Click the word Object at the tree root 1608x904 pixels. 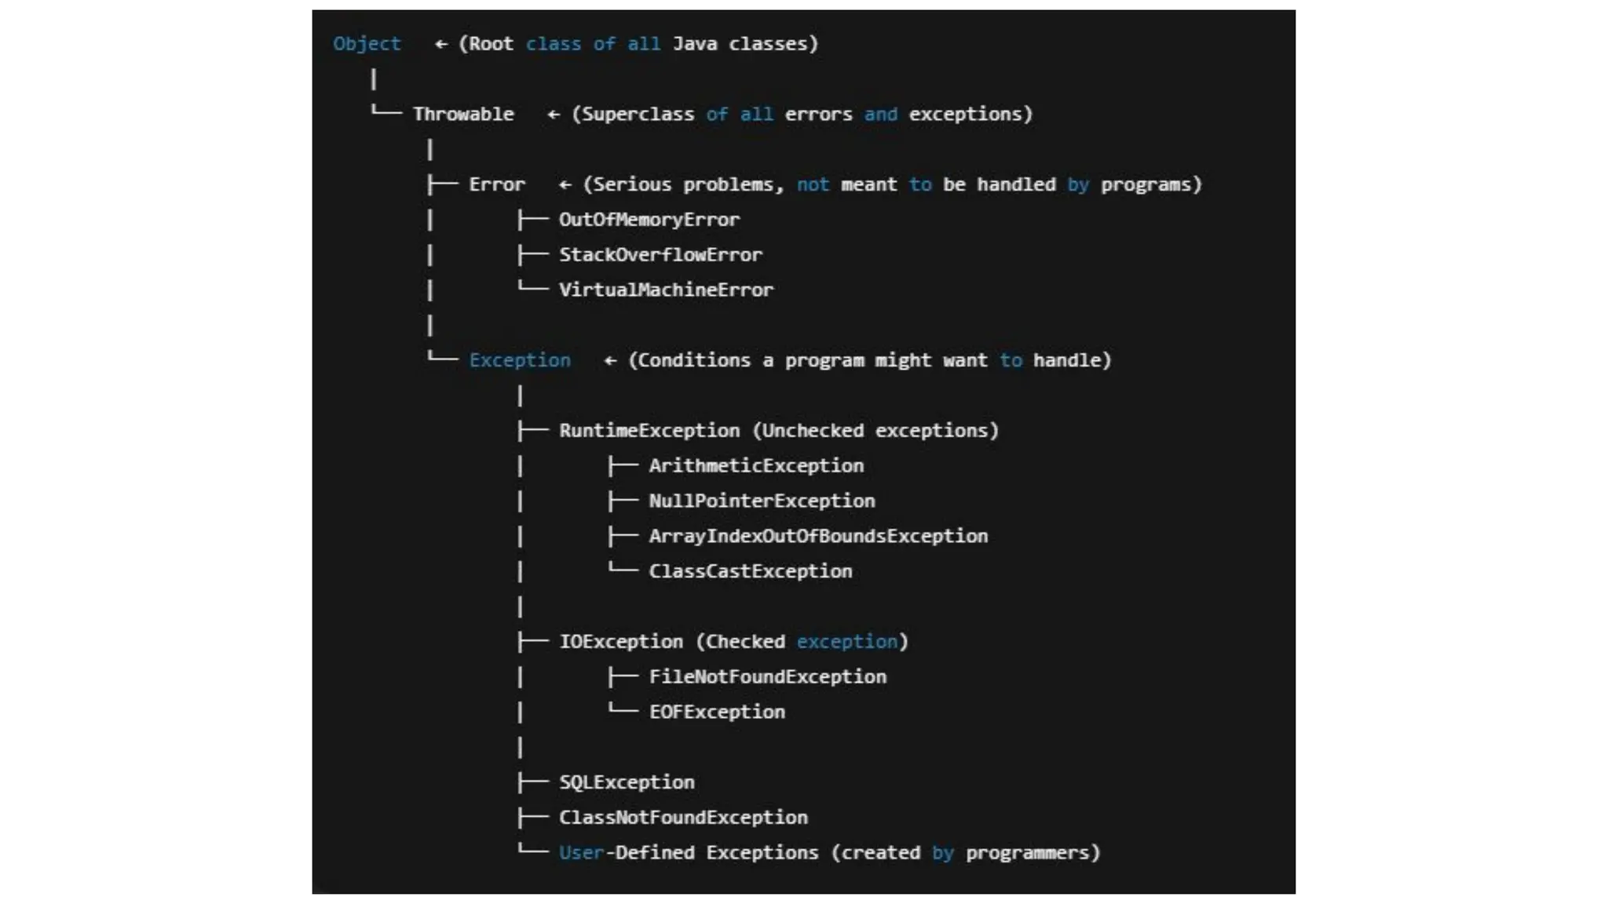(367, 44)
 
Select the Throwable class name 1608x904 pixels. (463, 115)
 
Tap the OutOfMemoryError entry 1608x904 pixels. (649, 220)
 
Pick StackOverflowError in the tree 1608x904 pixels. (660, 255)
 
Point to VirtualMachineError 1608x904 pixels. (666, 290)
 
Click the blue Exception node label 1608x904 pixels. (520, 361)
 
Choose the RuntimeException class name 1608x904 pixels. (649, 431)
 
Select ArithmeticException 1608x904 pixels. (756, 466)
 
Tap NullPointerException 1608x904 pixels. (762, 501)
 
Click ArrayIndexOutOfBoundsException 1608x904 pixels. (818, 537)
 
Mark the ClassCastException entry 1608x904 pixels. (750, 572)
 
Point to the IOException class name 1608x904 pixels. (620, 642)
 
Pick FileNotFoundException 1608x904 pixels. (767, 677)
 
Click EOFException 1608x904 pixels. (717, 713)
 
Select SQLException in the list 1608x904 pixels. (627, 782)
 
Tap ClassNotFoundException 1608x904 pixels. (683, 818)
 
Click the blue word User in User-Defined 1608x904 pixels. (581, 853)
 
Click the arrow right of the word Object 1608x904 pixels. (441, 45)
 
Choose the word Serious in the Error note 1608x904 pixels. (632, 185)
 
